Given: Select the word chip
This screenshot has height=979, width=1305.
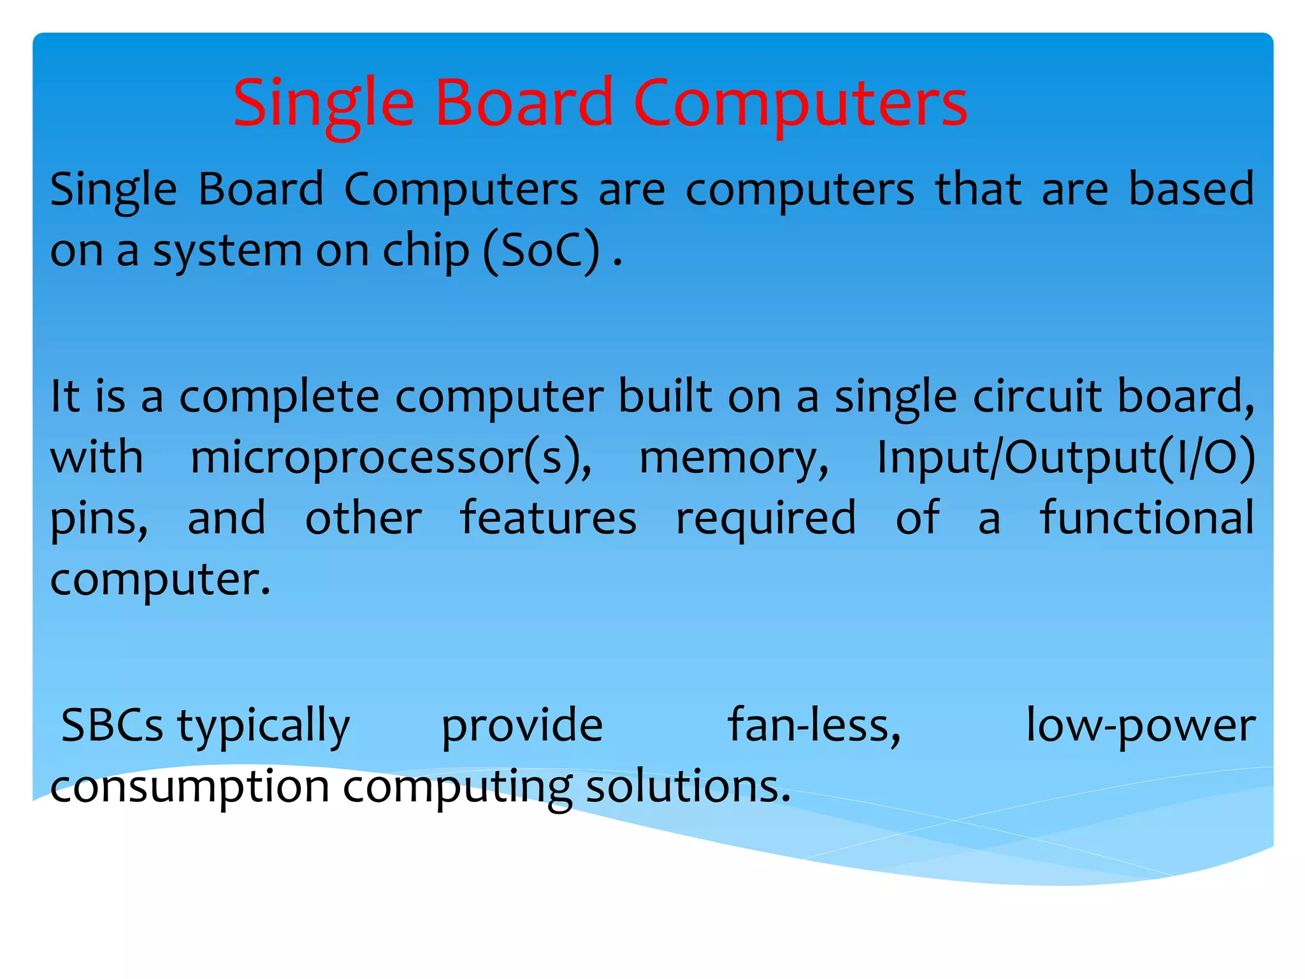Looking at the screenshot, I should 425,250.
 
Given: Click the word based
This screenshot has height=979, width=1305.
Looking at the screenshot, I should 1191,189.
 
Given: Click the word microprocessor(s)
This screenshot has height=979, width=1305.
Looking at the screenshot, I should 391,458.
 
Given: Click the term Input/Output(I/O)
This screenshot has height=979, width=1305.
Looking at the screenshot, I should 1066,458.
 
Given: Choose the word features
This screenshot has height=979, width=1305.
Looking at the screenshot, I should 548,518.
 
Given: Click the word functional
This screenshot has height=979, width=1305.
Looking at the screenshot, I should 1147,518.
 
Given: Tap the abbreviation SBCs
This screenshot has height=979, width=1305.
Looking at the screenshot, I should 112,725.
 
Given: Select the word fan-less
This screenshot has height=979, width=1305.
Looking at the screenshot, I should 814,725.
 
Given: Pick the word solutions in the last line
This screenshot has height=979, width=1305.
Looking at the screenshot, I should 688,787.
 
